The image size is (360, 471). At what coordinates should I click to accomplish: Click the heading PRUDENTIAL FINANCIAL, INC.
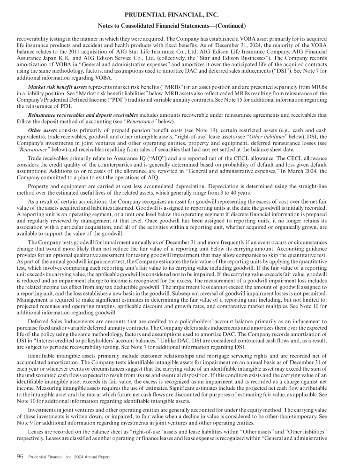180,15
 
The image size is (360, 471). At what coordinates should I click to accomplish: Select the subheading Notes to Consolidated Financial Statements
180,25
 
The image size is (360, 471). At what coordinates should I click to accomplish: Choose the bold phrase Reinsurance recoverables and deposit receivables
83,114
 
